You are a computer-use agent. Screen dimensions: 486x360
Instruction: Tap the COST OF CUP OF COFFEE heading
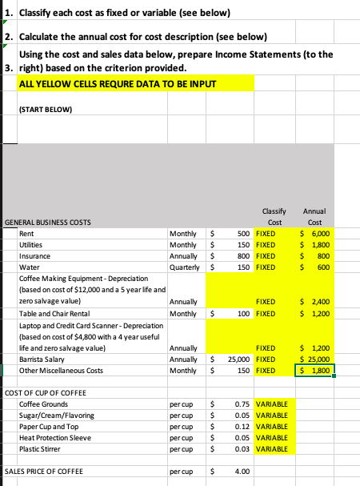click(x=50, y=394)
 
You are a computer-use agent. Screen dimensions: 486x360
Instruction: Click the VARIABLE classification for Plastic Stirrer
click(x=273, y=449)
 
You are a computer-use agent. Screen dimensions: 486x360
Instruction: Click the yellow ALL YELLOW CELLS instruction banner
click(x=128, y=82)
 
